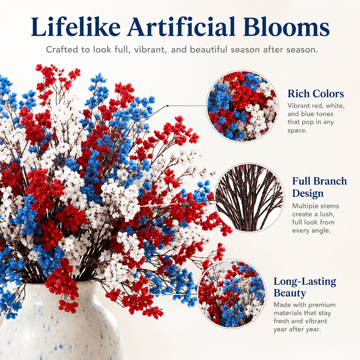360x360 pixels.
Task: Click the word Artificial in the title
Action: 181,27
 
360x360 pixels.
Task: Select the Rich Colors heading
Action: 316,94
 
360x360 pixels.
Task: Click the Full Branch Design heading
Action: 320,187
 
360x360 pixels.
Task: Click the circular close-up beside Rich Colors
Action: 242,106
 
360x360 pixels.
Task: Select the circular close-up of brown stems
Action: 249,198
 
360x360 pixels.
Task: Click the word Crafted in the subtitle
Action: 62,50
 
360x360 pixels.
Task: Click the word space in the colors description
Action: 297,131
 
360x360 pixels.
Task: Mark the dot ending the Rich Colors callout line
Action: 168,106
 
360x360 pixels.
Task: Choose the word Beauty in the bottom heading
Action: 290,293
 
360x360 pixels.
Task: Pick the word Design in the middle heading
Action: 308,193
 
